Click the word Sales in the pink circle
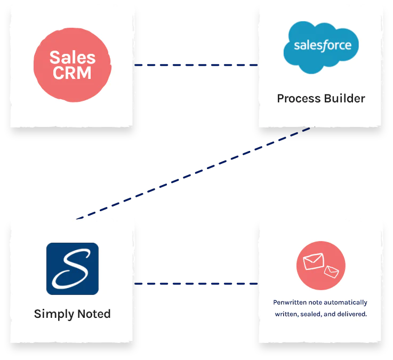[x=72, y=57]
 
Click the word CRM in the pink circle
[x=72, y=73]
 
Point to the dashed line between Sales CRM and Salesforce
[x=196, y=65]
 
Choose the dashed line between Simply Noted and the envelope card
[x=196, y=284]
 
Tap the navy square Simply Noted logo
[x=72, y=268]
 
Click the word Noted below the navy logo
[x=92, y=314]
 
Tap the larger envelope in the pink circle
[x=313, y=261]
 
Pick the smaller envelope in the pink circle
[x=331, y=271]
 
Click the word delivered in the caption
[x=350, y=314]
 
